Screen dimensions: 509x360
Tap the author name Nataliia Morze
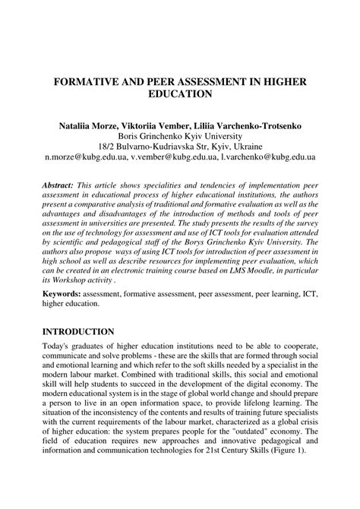(x=92, y=121)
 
